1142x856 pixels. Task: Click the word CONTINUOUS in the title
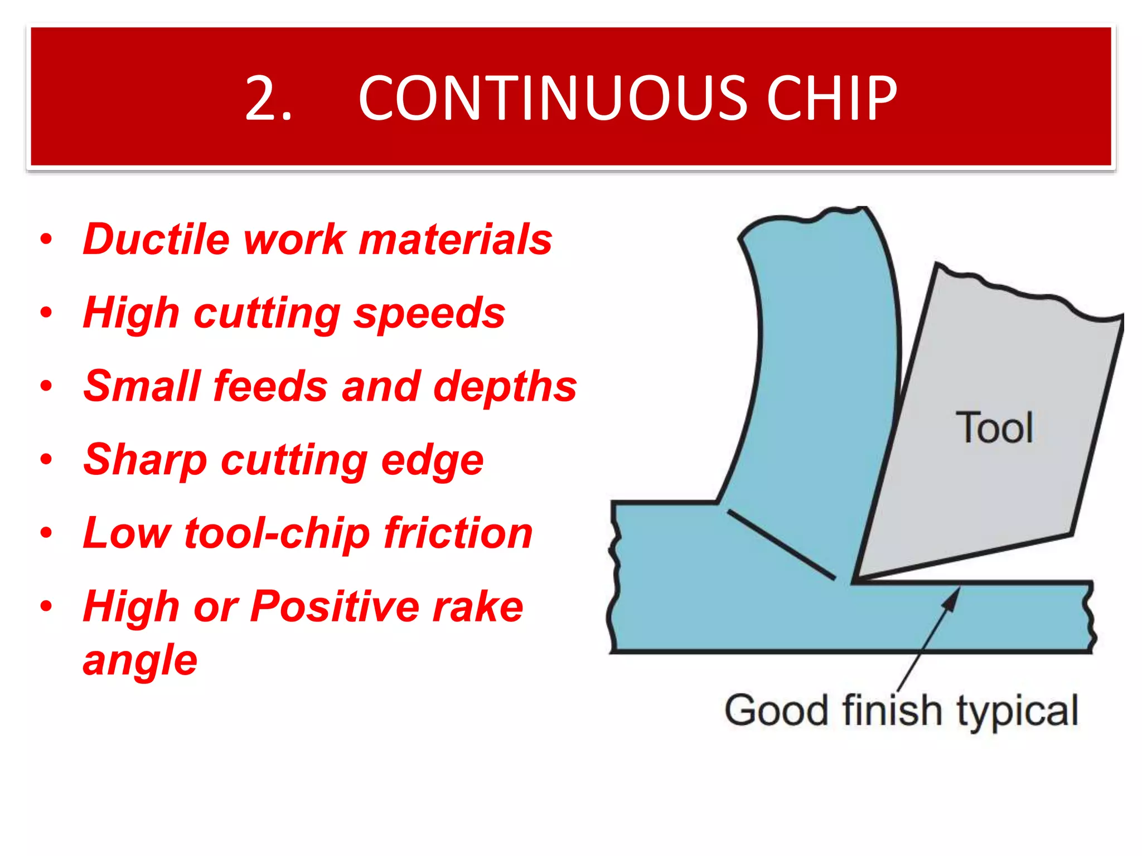[x=552, y=99]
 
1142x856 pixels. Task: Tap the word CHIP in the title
[x=831, y=99]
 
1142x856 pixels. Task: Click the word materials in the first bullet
[x=455, y=239]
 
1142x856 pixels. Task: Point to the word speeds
[x=429, y=313]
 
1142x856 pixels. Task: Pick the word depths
[x=505, y=386]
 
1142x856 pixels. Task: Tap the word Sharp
[x=145, y=460]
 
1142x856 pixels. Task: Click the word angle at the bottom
[x=140, y=659]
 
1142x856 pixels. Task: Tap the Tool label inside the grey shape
[x=994, y=428]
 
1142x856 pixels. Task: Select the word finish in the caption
[x=892, y=711]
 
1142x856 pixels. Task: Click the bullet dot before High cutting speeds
[x=46, y=313]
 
